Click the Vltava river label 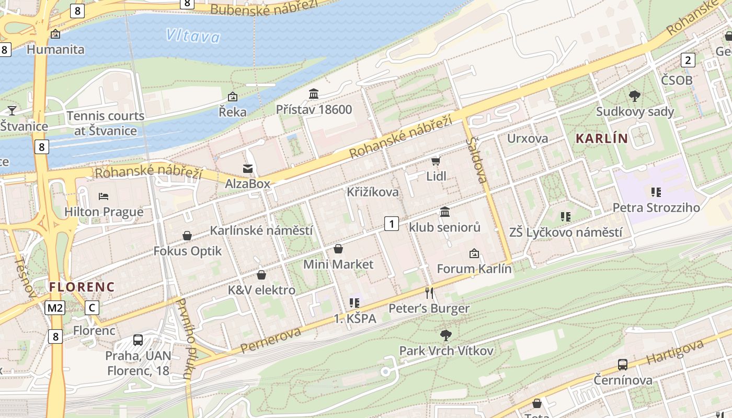[193, 36]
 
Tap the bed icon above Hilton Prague [104, 196]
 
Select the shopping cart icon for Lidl [436, 161]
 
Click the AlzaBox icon [247, 168]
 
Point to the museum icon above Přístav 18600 [314, 94]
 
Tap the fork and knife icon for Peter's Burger [429, 293]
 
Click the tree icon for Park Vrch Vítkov [445, 335]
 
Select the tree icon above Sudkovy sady [635, 96]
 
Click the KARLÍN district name [601, 138]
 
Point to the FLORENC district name [82, 287]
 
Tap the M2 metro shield [55, 308]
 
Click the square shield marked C [92, 308]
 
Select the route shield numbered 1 [391, 224]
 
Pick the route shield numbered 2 [688, 60]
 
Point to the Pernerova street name [271, 340]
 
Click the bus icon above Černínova [622, 364]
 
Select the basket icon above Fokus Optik [187, 236]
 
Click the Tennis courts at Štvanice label [105, 123]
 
